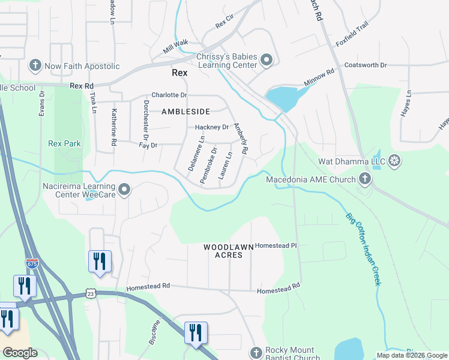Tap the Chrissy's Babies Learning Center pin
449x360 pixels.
click(x=267, y=61)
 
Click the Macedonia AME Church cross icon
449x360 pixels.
click(x=364, y=178)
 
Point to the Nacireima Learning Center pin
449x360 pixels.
click(x=124, y=190)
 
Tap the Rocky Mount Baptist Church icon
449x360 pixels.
click(x=256, y=353)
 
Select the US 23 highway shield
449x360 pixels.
click(x=90, y=293)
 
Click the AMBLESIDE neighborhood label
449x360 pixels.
click(x=185, y=112)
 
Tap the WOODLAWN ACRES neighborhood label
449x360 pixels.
click(x=223, y=251)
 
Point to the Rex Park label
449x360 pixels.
click(x=64, y=143)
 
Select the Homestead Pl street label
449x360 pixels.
click(x=276, y=245)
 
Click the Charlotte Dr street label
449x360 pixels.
click(x=169, y=95)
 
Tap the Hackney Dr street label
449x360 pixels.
click(x=212, y=127)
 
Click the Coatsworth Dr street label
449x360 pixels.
click(x=366, y=65)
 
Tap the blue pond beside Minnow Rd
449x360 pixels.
click(x=282, y=97)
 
